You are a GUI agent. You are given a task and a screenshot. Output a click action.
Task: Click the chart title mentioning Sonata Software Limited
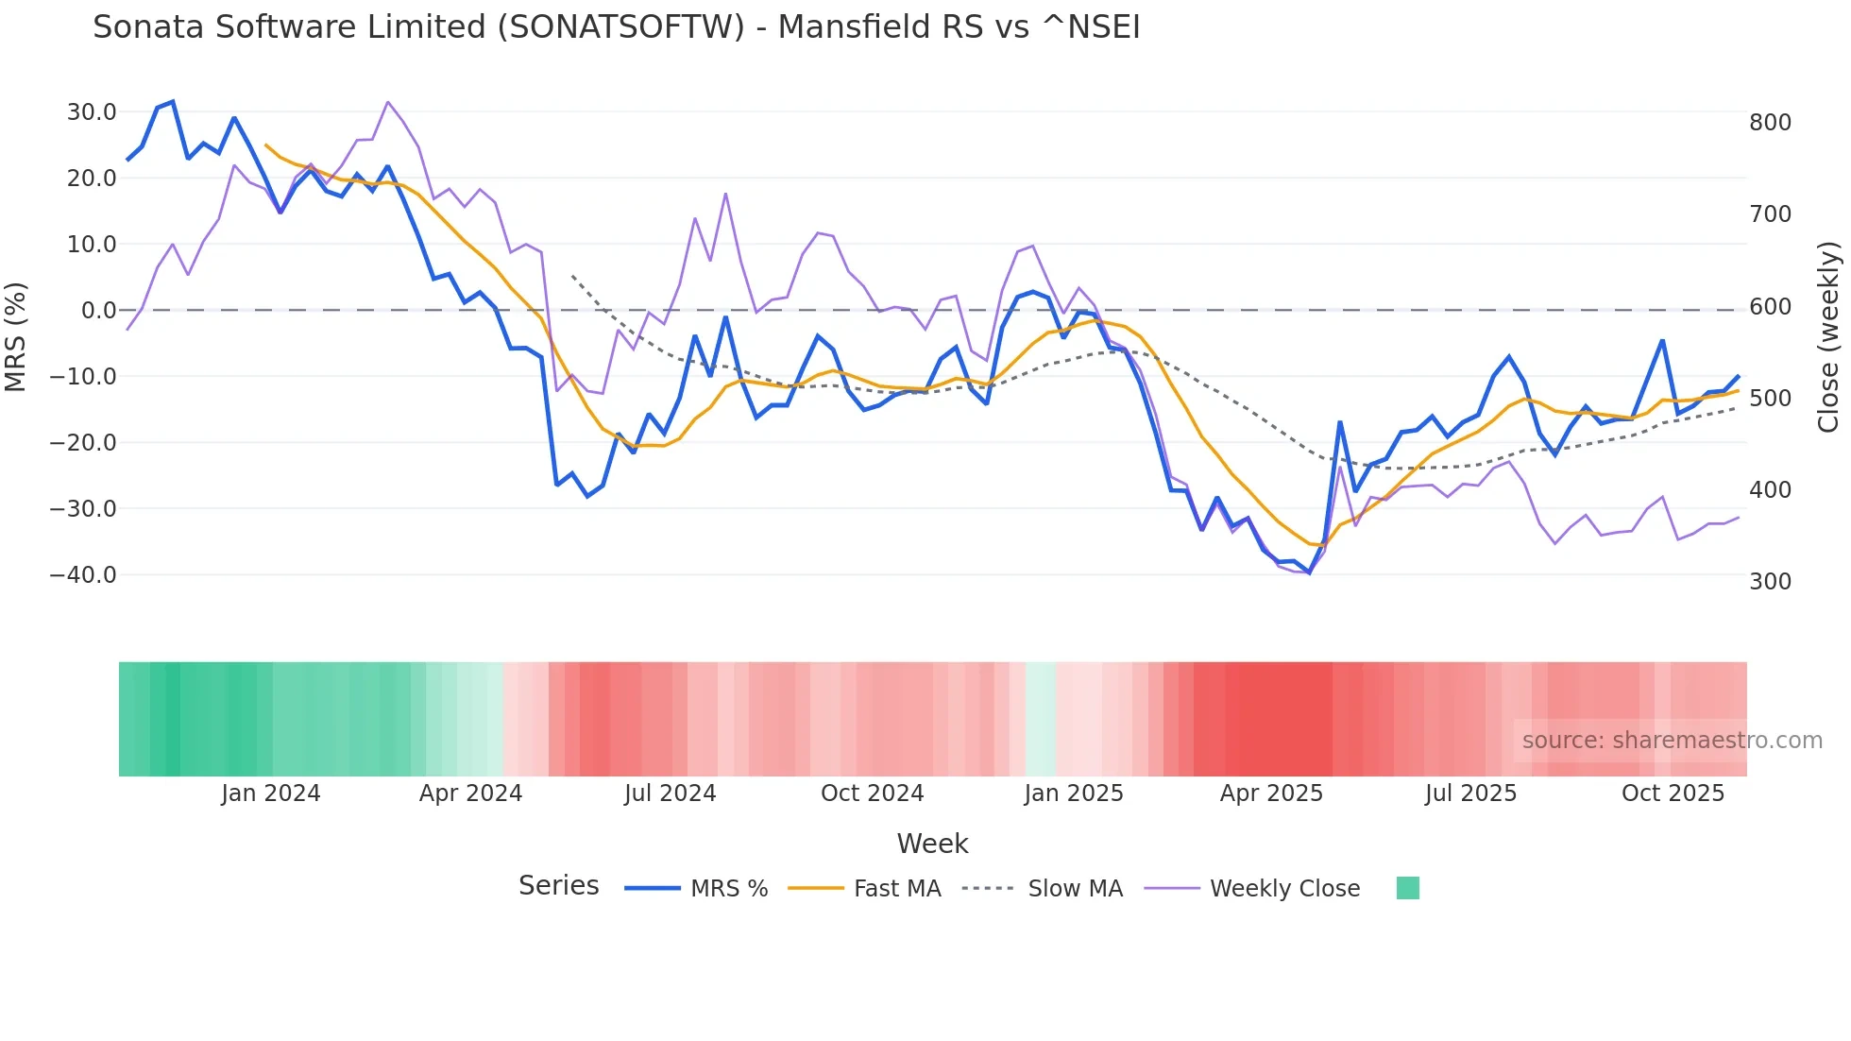click(616, 27)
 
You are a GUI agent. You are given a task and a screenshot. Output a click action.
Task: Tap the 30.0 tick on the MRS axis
click(92, 112)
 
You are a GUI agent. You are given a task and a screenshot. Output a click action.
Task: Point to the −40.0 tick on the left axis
click(83, 575)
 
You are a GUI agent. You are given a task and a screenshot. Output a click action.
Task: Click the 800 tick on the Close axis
click(1770, 123)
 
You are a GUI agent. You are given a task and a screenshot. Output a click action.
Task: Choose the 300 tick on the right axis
click(1770, 582)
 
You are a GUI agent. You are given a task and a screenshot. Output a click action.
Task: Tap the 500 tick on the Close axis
click(1770, 399)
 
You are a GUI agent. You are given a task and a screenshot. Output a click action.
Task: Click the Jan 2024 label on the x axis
click(271, 794)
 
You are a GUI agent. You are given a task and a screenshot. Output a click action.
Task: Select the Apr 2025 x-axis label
click(1271, 794)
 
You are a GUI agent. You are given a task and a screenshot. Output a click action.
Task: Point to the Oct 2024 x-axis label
click(872, 794)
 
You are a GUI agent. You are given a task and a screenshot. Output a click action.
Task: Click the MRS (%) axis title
click(16, 337)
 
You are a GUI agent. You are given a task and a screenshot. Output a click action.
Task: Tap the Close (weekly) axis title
click(1828, 337)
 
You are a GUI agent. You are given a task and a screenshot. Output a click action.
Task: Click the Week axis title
click(932, 844)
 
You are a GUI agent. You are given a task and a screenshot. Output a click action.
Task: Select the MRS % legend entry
click(728, 889)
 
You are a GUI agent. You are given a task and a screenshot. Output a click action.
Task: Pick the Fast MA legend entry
click(896, 889)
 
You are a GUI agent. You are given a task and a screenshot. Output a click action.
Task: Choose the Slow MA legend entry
click(1075, 889)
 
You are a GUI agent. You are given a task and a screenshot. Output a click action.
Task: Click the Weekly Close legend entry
click(1284, 889)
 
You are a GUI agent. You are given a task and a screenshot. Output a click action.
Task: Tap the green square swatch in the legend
click(1407, 888)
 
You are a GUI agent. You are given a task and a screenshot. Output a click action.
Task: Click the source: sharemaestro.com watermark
click(1672, 741)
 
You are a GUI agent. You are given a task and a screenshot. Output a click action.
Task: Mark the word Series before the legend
click(558, 886)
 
